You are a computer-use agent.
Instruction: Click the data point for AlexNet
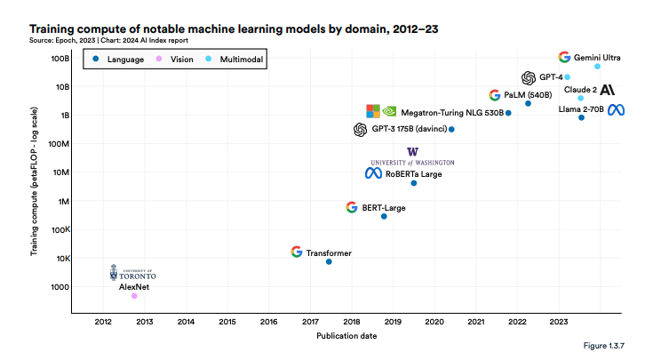(134, 296)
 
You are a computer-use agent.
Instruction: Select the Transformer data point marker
(329, 261)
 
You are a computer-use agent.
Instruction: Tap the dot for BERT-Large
(384, 216)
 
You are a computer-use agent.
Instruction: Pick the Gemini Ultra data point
(597, 66)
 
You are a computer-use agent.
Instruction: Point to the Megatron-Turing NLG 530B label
(452, 113)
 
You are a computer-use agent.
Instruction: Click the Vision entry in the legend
(177, 59)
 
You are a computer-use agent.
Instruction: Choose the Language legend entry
(121, 59)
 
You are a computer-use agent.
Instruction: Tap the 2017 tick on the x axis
(310, 321)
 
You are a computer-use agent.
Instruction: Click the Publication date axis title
(346, 336)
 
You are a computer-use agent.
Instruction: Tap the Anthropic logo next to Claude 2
(608, 90)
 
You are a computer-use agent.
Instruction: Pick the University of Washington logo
(412, 156)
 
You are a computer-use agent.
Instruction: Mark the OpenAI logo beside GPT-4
(529, 77)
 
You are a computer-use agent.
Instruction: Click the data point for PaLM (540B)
(528, 104)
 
